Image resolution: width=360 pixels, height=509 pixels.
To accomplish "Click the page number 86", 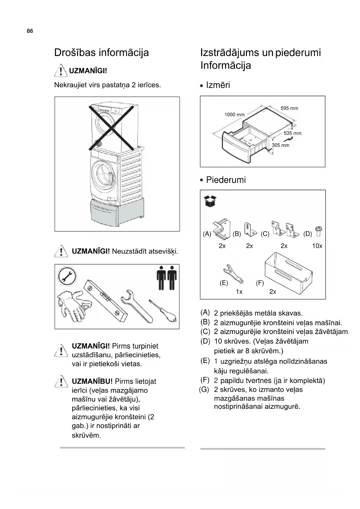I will point(30,31).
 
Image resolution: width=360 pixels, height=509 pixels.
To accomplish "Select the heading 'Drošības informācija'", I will point(101,53).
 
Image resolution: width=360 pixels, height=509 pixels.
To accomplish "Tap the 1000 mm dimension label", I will point(234,115).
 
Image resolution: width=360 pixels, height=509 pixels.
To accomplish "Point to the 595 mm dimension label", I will point(289,108).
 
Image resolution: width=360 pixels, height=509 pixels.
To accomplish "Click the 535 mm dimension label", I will point(292,133).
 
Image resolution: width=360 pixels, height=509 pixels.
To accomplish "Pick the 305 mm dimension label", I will point(281,145).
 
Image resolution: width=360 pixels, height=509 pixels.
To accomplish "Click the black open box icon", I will point(210,201).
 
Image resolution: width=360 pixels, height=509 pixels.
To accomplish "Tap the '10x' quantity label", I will point(317,246).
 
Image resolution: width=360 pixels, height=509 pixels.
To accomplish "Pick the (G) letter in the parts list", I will point(204,389).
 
